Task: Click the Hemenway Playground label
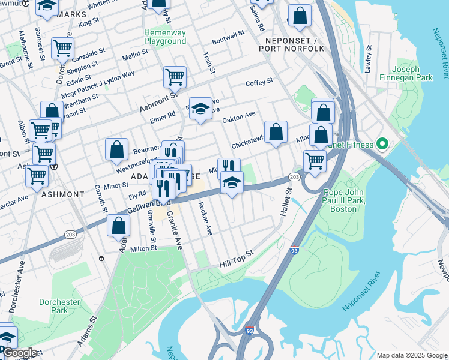click(x=165, y=37)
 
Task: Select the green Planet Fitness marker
click(x=380, y=143)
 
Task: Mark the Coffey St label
click(x=259, y=81)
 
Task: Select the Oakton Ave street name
click(x=239, y=116)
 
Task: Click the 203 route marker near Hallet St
click(x=294, y=177)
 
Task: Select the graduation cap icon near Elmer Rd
click(x=201, y=109)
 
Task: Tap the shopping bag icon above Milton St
click(x=119, y=226)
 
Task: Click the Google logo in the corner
click(x=20, y=353)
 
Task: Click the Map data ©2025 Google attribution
click(x=411, y=355)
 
